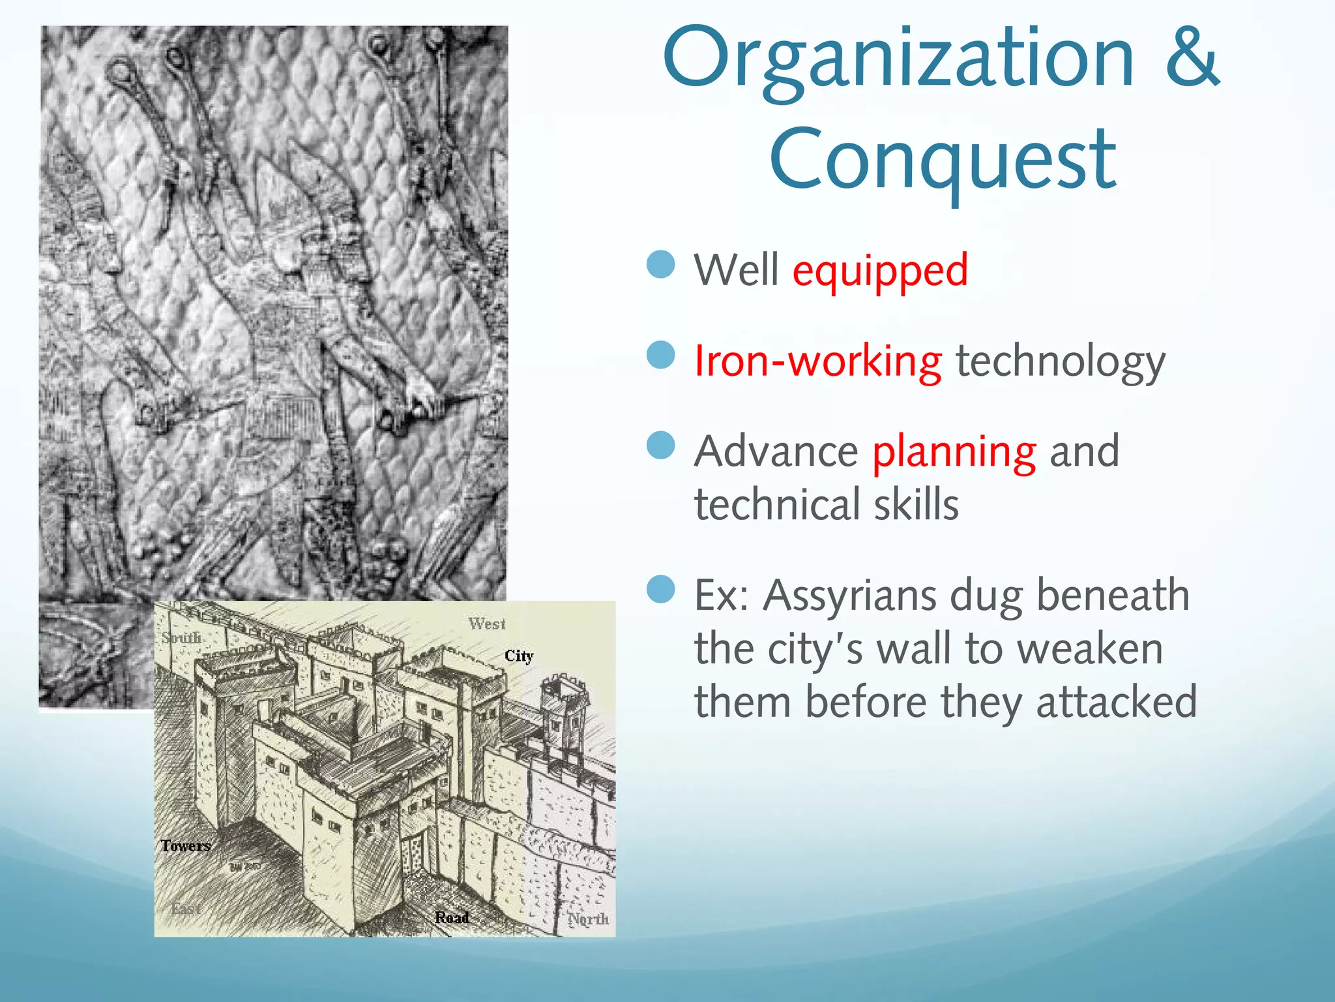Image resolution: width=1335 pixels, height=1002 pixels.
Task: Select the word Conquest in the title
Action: tap(943, 160)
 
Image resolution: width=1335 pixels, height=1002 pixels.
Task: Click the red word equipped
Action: tap(880, 271)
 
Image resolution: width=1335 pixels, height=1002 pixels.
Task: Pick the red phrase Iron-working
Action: tap(817, 361)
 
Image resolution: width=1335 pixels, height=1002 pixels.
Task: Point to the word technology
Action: tap(1060, 361)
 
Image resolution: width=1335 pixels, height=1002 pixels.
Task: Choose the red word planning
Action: tap(954, 451)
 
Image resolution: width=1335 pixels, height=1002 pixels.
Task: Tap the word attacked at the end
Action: tap(1116, 702)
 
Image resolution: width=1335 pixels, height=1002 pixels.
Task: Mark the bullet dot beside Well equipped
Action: tap(661, 264)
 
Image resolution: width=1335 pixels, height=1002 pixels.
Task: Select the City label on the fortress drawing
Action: tap(519, 656)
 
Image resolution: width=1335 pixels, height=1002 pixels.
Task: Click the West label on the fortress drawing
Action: tap(486, 624)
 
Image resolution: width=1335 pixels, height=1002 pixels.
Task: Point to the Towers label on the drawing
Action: tap(186, 846)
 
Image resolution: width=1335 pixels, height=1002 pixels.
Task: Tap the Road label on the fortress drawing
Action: tap(452, 917)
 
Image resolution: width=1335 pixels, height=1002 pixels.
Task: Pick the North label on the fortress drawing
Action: tap(587, 919)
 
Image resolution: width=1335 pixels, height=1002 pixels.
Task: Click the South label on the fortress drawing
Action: tap(181, 637)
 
